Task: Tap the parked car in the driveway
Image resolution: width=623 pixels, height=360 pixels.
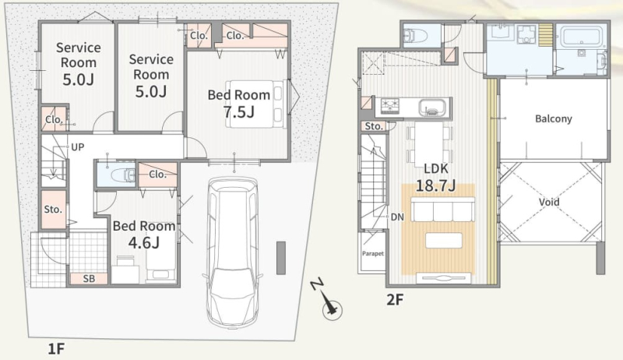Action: click(232, 252)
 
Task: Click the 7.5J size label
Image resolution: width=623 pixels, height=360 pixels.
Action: click(238, 112)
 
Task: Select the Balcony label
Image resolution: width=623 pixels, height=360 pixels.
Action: click(554, 118)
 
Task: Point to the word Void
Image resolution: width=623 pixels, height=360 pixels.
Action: click(549, 202)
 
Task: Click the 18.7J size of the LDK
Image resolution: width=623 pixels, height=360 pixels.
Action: click(435, 185)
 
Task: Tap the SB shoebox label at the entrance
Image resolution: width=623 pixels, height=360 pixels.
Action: click(89, 279)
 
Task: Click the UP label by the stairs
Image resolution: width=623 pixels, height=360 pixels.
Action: click(77, 147)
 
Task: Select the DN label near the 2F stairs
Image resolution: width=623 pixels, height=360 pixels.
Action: click(397, 217)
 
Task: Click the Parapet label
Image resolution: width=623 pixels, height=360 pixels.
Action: click(373, 253)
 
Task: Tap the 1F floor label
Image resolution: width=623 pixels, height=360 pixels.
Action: click(56, 349)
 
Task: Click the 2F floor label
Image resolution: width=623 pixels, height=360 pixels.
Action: click(395, 299)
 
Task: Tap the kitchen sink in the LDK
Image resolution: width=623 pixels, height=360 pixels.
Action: click(432, 108)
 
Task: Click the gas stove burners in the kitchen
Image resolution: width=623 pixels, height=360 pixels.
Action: click(390, 106)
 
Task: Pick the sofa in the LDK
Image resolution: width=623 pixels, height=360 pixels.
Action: click(442, 210)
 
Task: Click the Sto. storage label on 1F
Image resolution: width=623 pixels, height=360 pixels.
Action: click(53, 210)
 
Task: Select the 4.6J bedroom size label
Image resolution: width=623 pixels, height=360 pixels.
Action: click(144, 242)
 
